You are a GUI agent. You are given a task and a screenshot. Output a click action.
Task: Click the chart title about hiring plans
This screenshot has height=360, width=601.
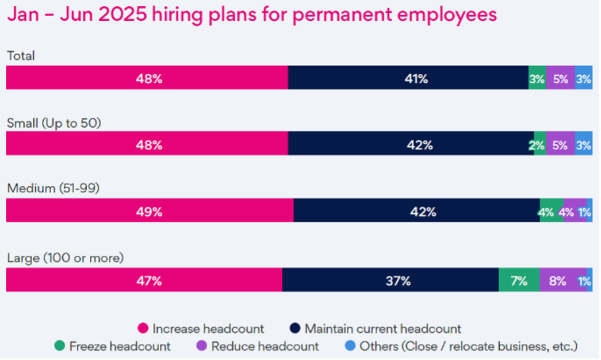pyautogui.click(x=251, y=15)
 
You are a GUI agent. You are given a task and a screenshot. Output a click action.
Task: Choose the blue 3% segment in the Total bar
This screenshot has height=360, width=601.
pyautogui.click(x=583, y=78)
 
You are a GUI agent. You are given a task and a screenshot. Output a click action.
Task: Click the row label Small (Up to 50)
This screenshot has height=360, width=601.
pyautogui.click(x=54, y=122)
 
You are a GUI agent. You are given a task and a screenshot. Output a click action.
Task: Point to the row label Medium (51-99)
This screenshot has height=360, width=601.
pyautogui.click(x=53, y=188)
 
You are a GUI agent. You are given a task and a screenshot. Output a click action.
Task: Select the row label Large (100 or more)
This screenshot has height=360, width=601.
pyautogui.click(x=65, y=258)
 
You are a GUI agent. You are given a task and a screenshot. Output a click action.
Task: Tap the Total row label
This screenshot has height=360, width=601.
pyautogui.click(x=21, y=56)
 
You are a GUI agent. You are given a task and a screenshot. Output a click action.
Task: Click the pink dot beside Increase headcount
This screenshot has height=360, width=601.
pyautogui.click(x=143, y=329)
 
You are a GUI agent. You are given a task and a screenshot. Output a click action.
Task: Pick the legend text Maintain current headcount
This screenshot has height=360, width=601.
pyautogui.click(x=382, y=329)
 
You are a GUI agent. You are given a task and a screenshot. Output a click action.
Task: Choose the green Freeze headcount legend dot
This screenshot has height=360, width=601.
pyautogui.click(x=60, y=346)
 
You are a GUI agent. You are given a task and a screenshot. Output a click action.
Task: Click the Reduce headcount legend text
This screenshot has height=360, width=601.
pyautogui.click(x=265, y=346)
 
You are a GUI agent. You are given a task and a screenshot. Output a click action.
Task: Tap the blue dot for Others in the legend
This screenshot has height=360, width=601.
pyautogui.click(x=350, y=346)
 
